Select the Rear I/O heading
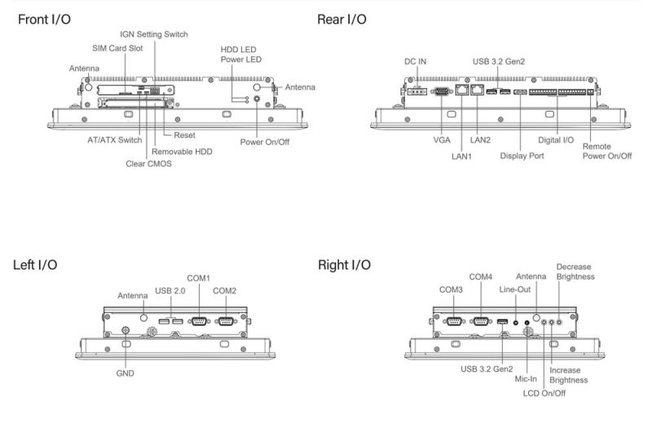tap(341, 18)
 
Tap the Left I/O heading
tap(35, 265)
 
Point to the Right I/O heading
tap(344, 265)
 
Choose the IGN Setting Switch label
tap(153, 34)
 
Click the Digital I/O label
tap(558, 140)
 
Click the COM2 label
tap(224, 290)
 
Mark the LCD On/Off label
tap(544, 393)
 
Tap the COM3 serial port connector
tap(454, 321)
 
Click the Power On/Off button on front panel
tap(258, 99)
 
